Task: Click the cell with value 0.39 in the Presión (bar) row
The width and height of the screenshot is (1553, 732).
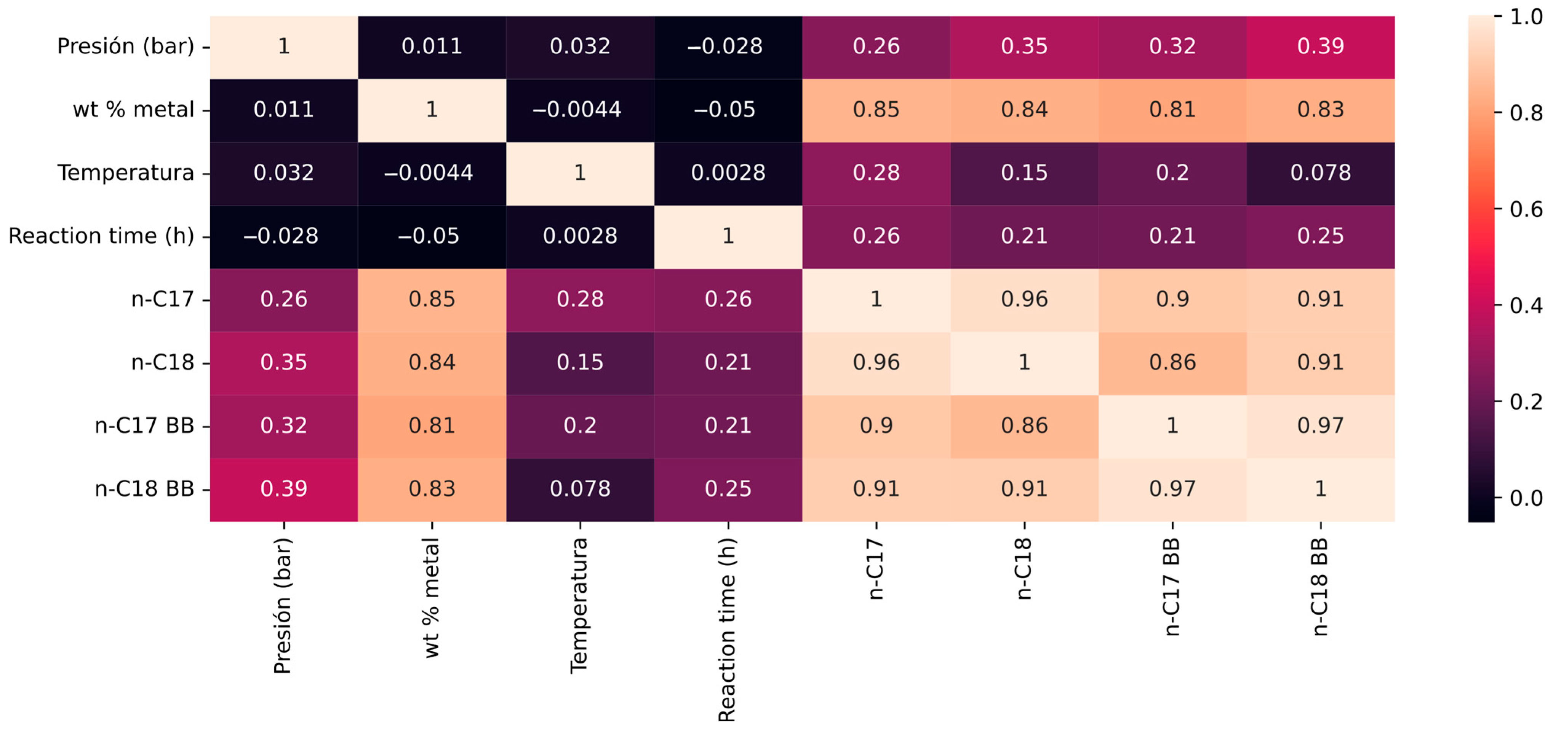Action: click(x=1320, y=47)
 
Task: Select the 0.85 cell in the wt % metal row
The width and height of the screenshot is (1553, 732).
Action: click(x=876, y=110)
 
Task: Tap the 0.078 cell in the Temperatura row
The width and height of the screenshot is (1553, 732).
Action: click(x=1320, y=174)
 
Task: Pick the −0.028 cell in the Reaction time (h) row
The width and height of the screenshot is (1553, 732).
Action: click(x=284, y=237)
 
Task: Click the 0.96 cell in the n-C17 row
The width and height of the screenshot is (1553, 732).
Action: click(x=1024, y=300)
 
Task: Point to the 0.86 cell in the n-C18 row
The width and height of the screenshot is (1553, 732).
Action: click(x=1172, y=363)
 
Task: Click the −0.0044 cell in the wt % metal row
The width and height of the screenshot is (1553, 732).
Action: click(x=580, y=110)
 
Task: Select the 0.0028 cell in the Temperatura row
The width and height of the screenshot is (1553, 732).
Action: click(x=728, y=174)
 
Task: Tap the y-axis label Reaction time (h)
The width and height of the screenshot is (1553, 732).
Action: click(x=101, y=236)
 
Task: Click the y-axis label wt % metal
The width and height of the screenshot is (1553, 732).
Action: click(x=133, y=110)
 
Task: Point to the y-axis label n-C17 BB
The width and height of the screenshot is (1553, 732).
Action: click(x=145, y=426)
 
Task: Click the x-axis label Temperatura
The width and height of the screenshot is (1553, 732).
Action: click(x=579, y=606)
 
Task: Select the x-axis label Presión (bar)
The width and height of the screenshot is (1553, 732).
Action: click(x=283, y=606)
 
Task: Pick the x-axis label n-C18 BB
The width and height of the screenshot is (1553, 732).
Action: click(x=1320, y=587)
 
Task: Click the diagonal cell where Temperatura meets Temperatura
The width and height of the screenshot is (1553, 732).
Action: click(x=580, y=174)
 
